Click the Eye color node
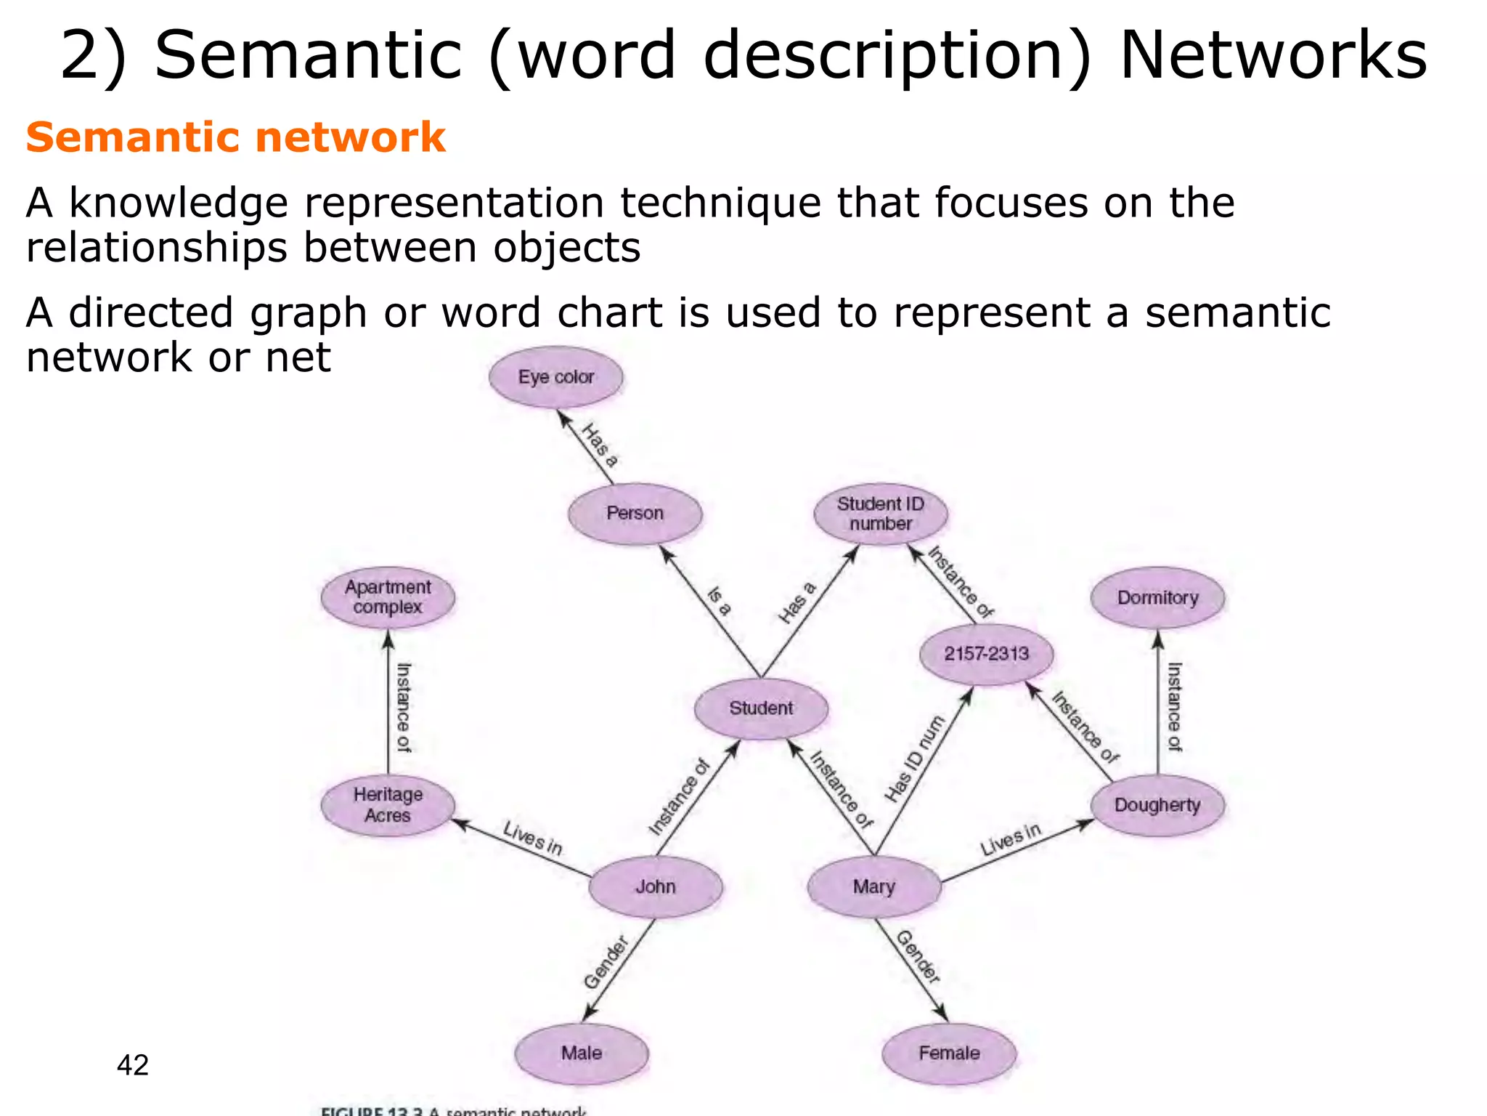click(555, 377)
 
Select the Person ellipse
click(635, 514)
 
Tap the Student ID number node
click(880, 514)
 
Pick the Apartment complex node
click(388, 597)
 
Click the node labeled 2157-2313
click(986, 654)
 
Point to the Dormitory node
click(1157, 598)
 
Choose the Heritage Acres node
click(388, 805)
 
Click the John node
click(655, 887)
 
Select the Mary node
click(873, 887)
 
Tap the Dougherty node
click(1157, 805)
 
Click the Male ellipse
click(581, 1054)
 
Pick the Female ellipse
click(948, 1054)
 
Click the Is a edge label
click(719, 601)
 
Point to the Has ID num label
click(914, 759)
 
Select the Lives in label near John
click(532, 838)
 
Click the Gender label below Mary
click(918, 957)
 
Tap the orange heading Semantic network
click(235, 137)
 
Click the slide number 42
click(132, 1065)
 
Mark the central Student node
click(760, 708)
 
